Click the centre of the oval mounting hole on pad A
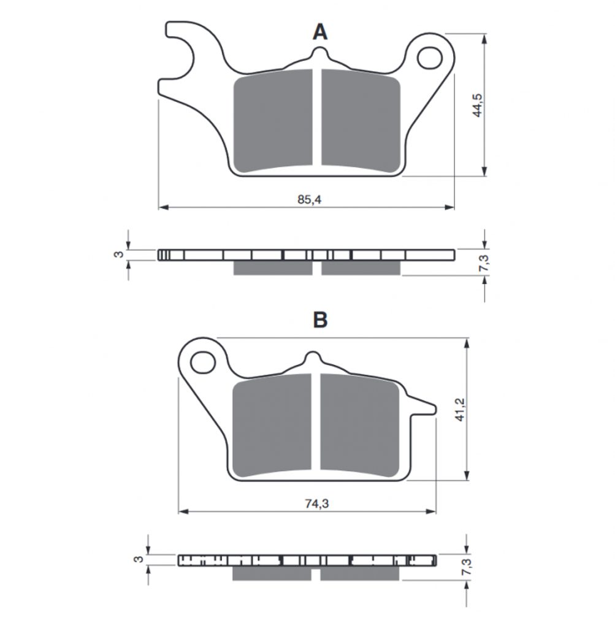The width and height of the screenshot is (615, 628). point(429,58)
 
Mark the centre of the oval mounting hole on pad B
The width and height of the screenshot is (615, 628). point(202,362)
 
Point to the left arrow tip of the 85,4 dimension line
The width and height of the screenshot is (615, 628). point(159,207)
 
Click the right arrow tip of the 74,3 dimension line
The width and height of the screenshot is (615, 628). point(436,511)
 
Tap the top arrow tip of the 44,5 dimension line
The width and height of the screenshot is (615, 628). point(485,34)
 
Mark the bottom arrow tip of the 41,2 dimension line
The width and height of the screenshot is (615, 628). point(467,480)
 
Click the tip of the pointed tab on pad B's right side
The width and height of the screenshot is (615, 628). point(435,409)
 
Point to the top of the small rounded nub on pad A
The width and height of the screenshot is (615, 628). point(319,48)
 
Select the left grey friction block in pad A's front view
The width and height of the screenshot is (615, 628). point(273,121)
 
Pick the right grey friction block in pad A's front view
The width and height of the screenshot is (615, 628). point(361,121)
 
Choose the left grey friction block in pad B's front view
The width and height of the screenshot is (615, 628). point(272,426)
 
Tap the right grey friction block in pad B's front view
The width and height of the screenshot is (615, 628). point(360,426)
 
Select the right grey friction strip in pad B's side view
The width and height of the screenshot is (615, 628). point(360,573)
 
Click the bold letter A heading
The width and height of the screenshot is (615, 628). point(320,32)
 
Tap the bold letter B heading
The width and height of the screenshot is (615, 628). point(320,320)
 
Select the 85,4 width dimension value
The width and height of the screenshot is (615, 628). point(309,199)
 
